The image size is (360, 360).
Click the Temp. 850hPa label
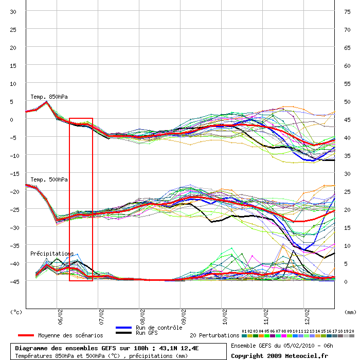[x=49, y=97]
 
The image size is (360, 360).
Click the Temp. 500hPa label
[x=49, y=179]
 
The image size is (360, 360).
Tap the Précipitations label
[x=51, y=254]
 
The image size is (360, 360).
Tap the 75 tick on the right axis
[x=347, y=11]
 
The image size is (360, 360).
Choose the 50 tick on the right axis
[x=347, y=101]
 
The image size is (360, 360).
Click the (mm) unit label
[x=350, y=312]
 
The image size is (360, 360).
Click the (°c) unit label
[x=16, y=312]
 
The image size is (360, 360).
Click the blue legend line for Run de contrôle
[x=124, y=328]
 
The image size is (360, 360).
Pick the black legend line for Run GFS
[x=124, y=333]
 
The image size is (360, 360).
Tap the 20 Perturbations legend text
[x=214, y=335]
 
